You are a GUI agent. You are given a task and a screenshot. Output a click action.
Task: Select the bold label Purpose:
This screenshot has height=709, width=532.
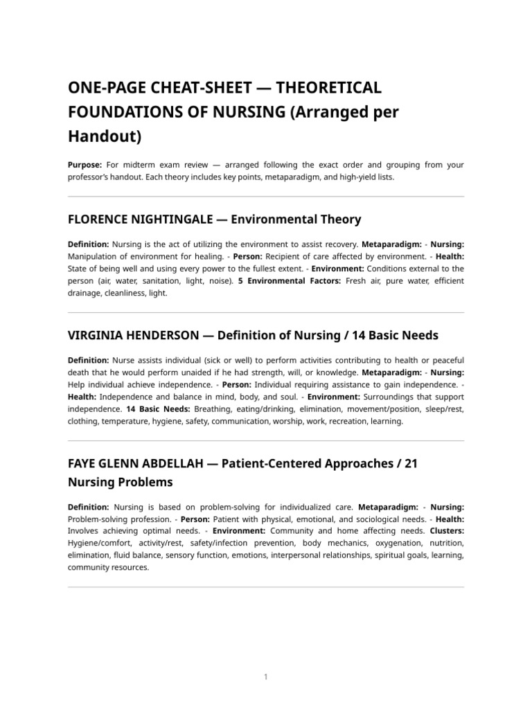click(85, 165)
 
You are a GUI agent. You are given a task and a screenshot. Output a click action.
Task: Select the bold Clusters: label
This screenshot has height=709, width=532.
click(447, 531)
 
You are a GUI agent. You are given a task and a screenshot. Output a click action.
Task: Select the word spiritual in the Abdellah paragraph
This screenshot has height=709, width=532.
click(383, 555)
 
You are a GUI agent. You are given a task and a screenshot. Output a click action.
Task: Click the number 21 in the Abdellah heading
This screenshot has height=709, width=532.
click(410, 463)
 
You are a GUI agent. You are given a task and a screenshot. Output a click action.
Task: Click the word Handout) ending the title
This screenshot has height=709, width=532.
click(104, 136)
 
